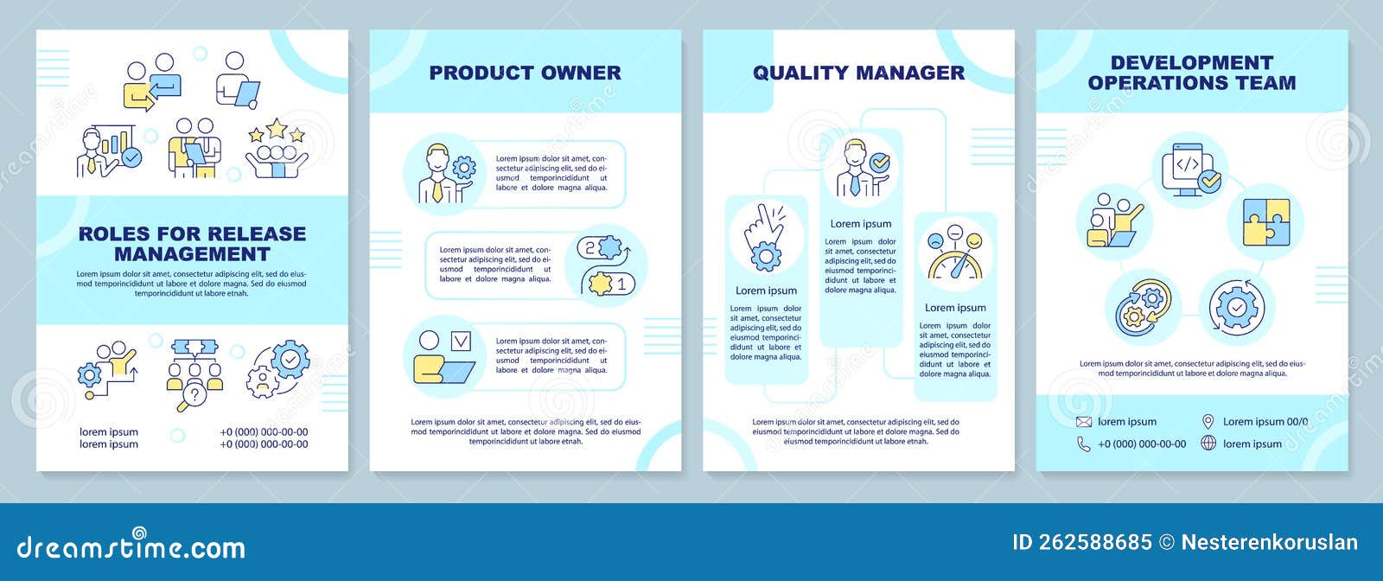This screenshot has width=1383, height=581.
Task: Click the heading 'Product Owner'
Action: [525, 73]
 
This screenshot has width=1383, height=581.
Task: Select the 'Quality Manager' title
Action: [858, 73]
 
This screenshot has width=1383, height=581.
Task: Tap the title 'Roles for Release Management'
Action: [192, 244]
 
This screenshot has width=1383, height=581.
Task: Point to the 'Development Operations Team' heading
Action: [1192, 73]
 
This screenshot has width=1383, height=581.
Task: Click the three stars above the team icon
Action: [276, 131]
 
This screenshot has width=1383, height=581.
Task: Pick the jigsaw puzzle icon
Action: [1265, 223]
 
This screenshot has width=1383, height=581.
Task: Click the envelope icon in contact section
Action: [1084, 422]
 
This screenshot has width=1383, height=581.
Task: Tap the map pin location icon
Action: [1208, 421]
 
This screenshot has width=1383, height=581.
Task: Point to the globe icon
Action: [1208, 443]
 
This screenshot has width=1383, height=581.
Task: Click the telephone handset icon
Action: [1084, 444]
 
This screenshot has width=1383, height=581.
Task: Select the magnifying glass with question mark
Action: [192, 398]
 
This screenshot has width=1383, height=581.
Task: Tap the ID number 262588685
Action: [1082, 542]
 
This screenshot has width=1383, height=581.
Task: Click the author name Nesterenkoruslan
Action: [1270, 542]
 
